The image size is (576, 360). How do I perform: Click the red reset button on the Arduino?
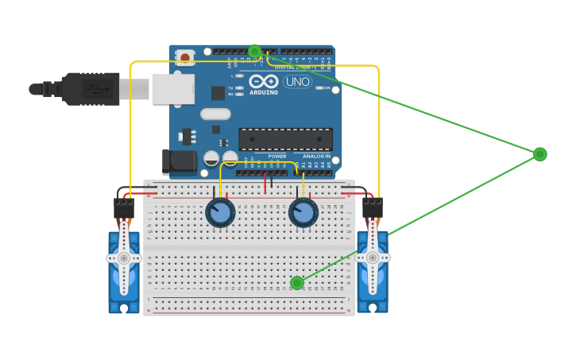[x=185, y=57]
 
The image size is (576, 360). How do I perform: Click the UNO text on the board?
[x=297, y=81]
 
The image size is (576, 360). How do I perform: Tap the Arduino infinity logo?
[x=264, y=81]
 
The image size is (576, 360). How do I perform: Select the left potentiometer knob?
[x=220, y=213]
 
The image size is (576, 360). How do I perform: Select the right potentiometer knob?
[x=303, y=213]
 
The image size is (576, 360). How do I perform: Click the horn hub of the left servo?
[x=123, y=257]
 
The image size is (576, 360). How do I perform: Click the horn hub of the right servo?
[x=372, y=257]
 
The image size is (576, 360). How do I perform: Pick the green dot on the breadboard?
[x=297, y=283]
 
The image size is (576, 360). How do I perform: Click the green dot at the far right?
[x=539, y=154]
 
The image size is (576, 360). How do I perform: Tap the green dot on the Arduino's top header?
[x=254, y=52]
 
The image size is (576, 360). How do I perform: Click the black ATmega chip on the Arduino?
[x=285, y=139]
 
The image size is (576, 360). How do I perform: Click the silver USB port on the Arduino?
[x=173, y=89]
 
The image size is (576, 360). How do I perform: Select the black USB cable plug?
[x=91, y=89]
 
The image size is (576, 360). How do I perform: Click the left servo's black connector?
[x=123, y=208]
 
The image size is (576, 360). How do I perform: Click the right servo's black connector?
[x=373, y=208]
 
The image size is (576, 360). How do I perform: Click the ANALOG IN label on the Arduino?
[x=317, y=157]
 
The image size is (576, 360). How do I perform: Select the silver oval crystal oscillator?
[x=215, y=114]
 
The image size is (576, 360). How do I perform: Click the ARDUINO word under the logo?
[x=264, y=92]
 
